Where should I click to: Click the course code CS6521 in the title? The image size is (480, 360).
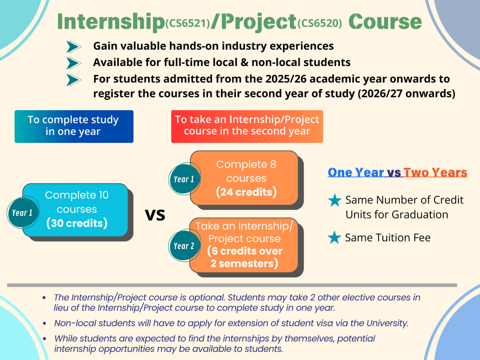coord(188,23)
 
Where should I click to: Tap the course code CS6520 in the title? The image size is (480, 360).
coord(319,23)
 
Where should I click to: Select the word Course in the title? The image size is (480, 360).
coord(385,22)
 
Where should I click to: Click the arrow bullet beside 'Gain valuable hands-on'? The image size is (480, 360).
coord(74,47)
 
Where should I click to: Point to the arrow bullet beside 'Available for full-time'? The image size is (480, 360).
coord(74,63)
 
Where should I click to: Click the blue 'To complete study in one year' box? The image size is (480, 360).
coord(74,127)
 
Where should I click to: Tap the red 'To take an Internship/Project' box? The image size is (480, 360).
coord(247,127)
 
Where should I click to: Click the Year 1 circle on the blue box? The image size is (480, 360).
coord(22,213)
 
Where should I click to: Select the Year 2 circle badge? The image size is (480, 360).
coord(185,246)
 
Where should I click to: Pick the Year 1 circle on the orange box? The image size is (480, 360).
coord(185,179)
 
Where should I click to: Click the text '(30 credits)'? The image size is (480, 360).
coord(77,223)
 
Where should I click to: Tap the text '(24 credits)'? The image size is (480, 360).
coord(246,192)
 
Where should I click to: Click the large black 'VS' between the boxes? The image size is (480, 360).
coord(155,215)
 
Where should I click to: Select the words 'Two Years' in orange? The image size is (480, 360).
coord(436,172)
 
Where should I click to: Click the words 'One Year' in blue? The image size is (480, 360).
coord(356,172)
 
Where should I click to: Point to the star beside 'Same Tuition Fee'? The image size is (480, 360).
coord(334,238)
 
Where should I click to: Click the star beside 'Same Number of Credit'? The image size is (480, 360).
coord(334,200)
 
